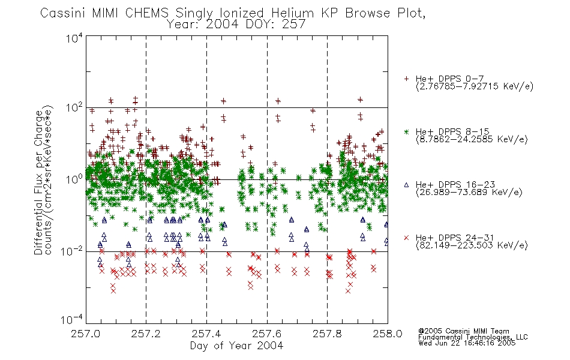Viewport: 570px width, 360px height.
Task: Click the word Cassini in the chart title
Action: click(x=62, y=13)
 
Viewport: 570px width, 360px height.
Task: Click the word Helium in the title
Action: click(x=292, y=13)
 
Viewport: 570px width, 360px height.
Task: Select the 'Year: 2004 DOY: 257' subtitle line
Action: click(x=236, y=25)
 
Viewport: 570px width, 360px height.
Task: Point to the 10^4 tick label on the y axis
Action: click(x=74, y=38)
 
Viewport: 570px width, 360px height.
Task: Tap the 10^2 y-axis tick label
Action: click(x=74, y=107)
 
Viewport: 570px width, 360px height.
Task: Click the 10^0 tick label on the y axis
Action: click(x=74, y=179)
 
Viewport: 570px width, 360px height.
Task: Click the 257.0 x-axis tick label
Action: click(x=86, y=334)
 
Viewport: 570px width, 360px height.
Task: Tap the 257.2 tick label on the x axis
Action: click(x=146, y=334)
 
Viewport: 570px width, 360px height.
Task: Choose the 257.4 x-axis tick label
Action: click(x=206, y=334)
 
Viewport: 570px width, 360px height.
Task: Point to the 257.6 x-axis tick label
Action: click(x=266, y=334)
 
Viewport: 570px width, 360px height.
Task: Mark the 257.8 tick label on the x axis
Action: click(x=327, y=334)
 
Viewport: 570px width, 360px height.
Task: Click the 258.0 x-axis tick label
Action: click(x=387, y=334)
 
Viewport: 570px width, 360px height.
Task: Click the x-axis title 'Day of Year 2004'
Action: click(x=236, y=346)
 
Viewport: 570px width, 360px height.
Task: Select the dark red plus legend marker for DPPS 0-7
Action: click(x=406, y=79)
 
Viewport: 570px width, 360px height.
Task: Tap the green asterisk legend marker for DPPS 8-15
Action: click(x=406, y=131)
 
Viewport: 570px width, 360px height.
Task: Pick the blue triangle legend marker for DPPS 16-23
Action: click(x=406, y=185)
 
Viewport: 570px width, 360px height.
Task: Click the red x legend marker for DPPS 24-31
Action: click(x=406, y=238)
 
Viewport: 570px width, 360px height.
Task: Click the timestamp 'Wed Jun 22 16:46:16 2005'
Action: click(x=467, y=343)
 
